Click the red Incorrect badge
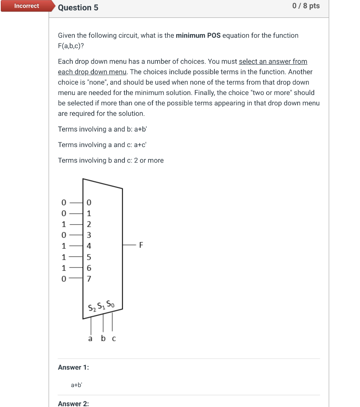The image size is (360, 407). coord(26,6)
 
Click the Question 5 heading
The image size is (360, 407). coord(78,8)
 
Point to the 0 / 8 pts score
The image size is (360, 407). coord(306,6)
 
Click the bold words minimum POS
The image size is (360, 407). coord(198,35)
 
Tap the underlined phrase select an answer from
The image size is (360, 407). coord(273,62)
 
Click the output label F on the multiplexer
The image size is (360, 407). coord(141,245)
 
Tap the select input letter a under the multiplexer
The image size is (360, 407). coord(90,339)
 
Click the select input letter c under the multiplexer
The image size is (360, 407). coord(114,339)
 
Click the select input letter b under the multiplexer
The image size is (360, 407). coord(103,338)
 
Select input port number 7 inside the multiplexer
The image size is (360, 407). coord(89,279)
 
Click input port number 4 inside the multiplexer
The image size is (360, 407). coord(89,246)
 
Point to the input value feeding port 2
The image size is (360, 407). coord(64,224)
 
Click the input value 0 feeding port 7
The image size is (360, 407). coord(64,279)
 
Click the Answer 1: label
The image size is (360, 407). coord(74,367)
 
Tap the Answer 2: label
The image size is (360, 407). coord(74,403)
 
